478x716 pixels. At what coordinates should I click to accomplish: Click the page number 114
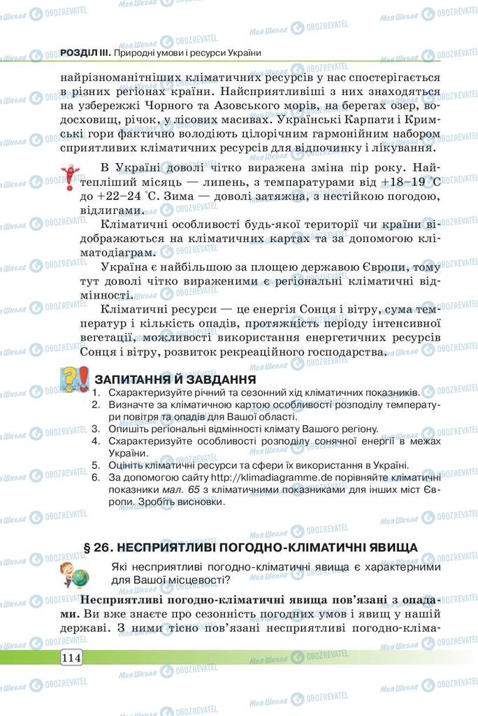tap(71, 657)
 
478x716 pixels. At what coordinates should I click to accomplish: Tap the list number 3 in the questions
tap(96, 428)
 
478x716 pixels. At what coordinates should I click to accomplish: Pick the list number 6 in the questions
tap(96, 478)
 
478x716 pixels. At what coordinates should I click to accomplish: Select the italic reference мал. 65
tap(174, 490)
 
